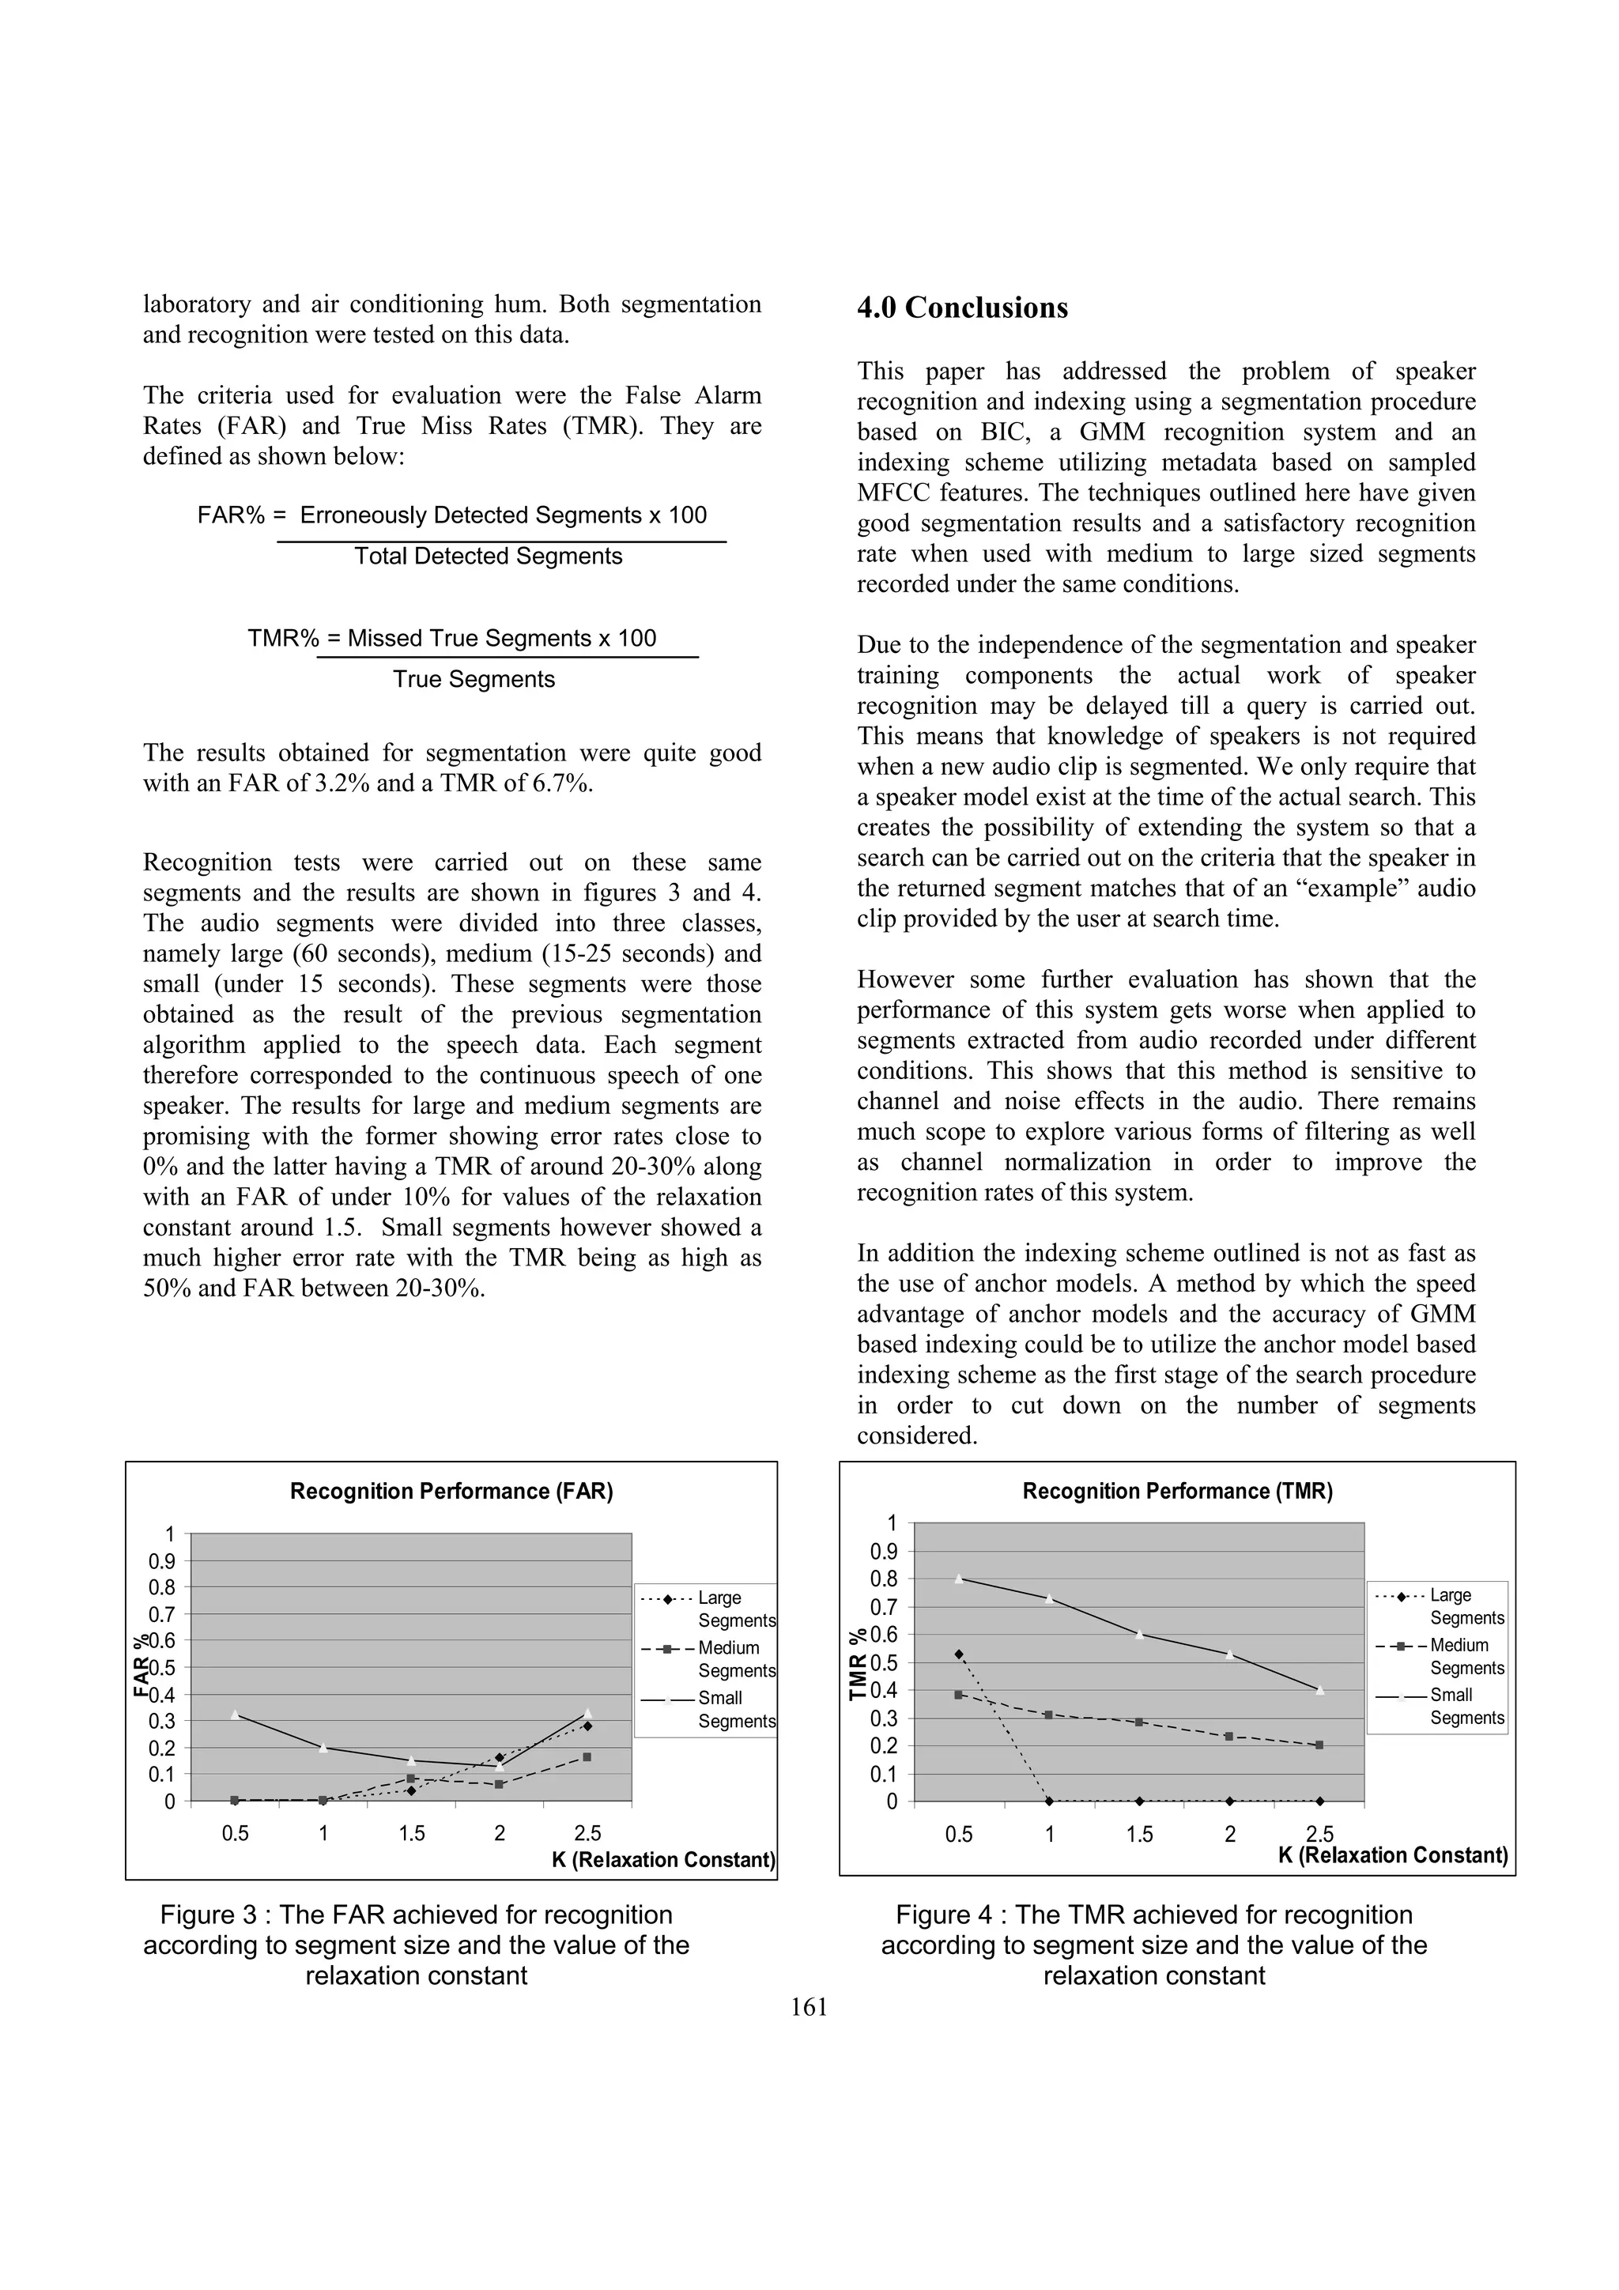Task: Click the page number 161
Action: (808, 2008)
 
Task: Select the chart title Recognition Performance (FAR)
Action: (451, 1491)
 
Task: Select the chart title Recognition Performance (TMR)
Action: (1177, 1491)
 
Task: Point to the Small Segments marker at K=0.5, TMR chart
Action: (959, 1579)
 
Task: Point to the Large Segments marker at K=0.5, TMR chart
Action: (959, 1654)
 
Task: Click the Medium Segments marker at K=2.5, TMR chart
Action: (1319, 1745)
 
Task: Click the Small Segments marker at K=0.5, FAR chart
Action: (235, 1715)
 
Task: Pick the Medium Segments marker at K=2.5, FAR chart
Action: (587, 1757)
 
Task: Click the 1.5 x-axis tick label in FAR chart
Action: (411, 1833)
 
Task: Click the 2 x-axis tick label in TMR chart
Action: (1230, 1833)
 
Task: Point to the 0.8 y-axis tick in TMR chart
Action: (884, 1579)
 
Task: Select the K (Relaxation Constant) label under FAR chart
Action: (663, 1860)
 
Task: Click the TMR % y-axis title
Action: (858, 1665)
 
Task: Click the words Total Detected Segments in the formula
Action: (488, 556)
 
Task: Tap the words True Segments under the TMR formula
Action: (473, 679)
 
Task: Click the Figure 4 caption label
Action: (1153, 1915)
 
